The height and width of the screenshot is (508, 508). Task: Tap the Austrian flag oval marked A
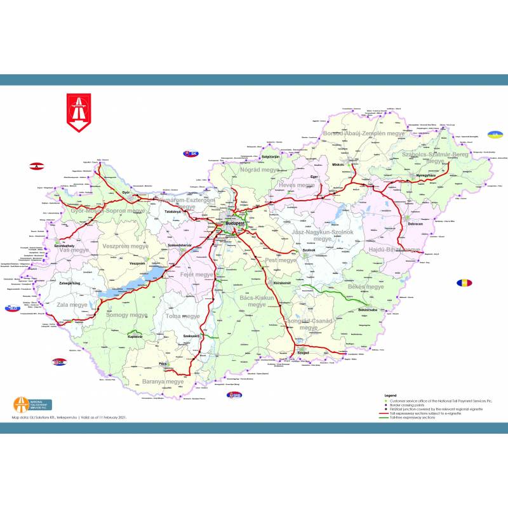click(x=37, y=166)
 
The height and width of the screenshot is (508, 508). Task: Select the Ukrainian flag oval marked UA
click(x=493, y=135)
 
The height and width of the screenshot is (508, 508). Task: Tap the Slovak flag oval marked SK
click(x=190, y=154)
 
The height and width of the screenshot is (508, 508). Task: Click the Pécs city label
click(x=163, y=365)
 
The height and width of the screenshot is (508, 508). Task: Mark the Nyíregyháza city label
click(x=427, y=175)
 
